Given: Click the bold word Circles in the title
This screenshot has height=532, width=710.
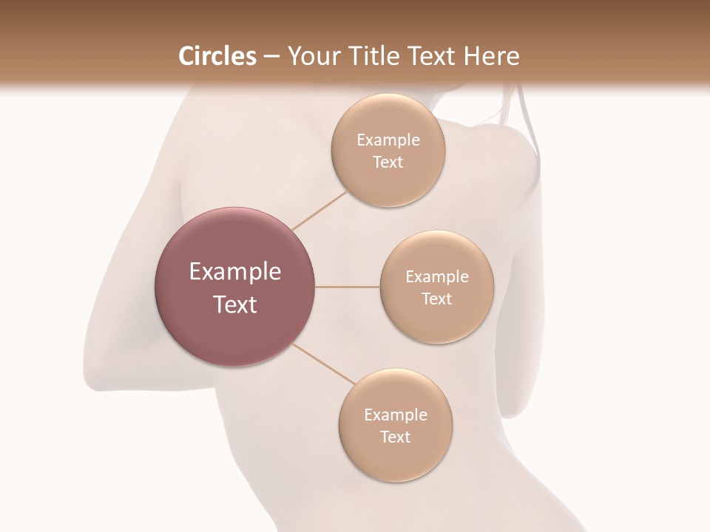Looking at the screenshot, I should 217,56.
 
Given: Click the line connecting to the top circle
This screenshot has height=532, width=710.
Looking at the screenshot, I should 319,210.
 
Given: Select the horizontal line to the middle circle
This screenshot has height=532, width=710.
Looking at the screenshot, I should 347,287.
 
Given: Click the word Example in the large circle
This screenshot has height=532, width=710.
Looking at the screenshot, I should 235,272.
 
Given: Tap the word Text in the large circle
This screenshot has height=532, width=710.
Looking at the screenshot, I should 235,304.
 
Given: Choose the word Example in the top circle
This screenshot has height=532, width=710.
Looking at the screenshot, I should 388,140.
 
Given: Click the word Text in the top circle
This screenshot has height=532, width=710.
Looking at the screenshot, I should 388,163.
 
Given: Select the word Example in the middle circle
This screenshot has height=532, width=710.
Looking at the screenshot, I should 437,277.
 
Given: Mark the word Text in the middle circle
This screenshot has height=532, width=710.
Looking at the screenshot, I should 436,299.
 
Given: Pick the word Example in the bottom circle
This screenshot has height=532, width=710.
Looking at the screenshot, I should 396,415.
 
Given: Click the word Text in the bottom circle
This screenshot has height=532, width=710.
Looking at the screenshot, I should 395,437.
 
